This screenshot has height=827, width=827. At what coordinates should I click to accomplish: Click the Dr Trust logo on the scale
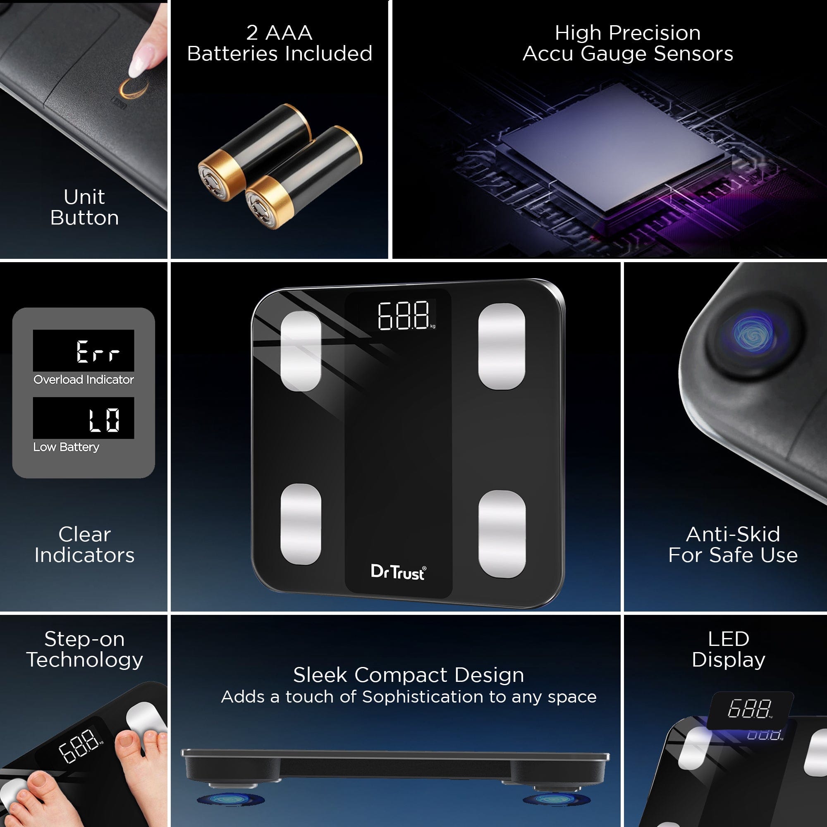pos(398,572)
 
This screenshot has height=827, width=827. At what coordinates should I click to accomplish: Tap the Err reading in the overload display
pos(98,351)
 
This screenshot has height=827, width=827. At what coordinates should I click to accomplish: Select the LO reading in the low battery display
pos(104,419)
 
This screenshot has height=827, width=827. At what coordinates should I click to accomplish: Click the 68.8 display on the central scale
pos(404,316)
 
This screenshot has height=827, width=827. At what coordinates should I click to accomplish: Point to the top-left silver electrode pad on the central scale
pos(301,351)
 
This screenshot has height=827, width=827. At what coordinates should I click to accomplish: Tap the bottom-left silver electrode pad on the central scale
pos(301,524)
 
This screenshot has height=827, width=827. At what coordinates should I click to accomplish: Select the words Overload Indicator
pos(84,380)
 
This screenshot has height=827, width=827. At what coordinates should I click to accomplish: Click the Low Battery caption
pos(66,447)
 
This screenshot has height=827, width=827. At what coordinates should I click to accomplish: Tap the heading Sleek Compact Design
pos(409,675)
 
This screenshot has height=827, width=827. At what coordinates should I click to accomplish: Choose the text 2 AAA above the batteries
pos(279,33)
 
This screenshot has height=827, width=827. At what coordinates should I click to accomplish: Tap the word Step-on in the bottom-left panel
pos(85,639)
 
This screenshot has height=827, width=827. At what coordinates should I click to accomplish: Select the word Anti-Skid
pos(733,534)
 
